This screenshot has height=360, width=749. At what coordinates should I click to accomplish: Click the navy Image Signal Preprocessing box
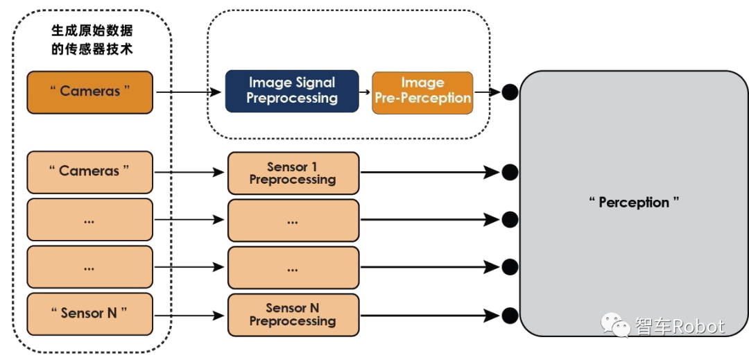(292, 91)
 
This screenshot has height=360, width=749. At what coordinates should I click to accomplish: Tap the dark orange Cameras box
(89, 92)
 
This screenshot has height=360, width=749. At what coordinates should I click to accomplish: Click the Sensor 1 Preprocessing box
(293, 173)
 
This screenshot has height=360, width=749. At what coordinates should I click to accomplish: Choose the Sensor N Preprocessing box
(293, 314)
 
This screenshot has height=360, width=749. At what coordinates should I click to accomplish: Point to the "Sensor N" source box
(89, 314)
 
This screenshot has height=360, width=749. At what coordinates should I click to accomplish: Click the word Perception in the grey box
(634, 203)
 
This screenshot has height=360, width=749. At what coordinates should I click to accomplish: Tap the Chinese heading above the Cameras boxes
(92, 40)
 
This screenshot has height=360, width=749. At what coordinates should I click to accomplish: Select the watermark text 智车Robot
(680, 326)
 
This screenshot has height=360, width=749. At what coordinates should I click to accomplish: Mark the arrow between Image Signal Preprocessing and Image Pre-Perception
(365, 92)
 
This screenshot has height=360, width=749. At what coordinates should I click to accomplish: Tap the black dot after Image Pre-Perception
(510, 92)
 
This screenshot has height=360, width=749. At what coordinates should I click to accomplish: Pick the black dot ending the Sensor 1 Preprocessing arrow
(510, 172)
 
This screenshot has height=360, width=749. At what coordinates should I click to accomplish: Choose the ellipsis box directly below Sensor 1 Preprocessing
(293, 220)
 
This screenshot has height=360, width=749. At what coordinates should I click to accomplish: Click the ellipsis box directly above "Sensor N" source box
(89, 267)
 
